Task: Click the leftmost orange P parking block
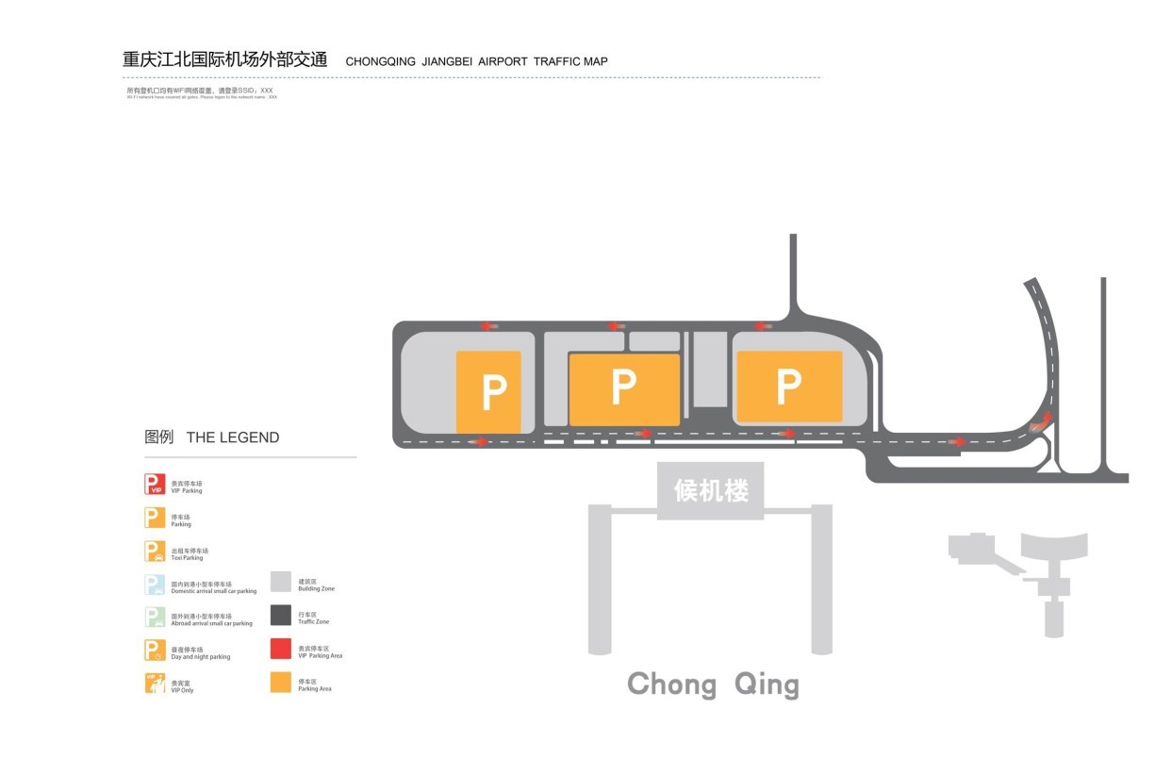488,391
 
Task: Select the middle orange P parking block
623,388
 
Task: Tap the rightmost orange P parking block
789,386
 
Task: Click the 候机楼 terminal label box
711,490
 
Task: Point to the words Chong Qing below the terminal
713,684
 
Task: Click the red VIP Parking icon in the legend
155,485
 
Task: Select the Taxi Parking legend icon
155,552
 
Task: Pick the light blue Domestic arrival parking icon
155,585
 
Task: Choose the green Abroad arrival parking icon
155,618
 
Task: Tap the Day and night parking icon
155,651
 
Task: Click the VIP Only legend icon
155,684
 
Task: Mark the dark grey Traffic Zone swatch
281,616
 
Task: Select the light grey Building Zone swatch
281,582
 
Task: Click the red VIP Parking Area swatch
281,649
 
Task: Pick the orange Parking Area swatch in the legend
281,683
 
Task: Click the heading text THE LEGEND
233,437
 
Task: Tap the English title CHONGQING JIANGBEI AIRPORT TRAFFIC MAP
476,62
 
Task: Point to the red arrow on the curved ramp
1046,419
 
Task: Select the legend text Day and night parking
200,657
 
